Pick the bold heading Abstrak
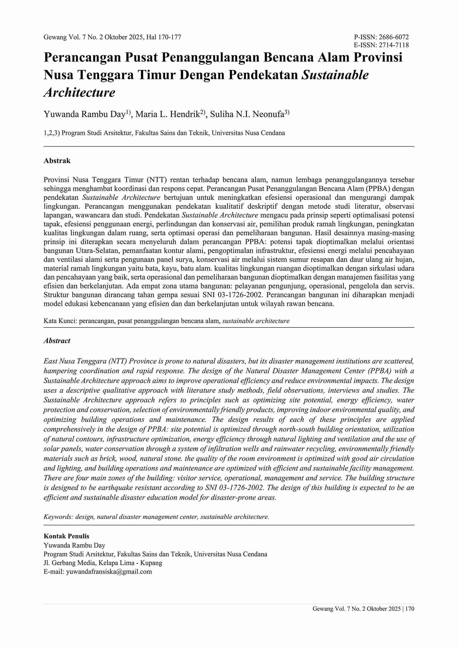click(57, 161)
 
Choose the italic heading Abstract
click(57, 341)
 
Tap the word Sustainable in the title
click(335, 75)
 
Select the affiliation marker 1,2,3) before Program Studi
click(52, 133)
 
